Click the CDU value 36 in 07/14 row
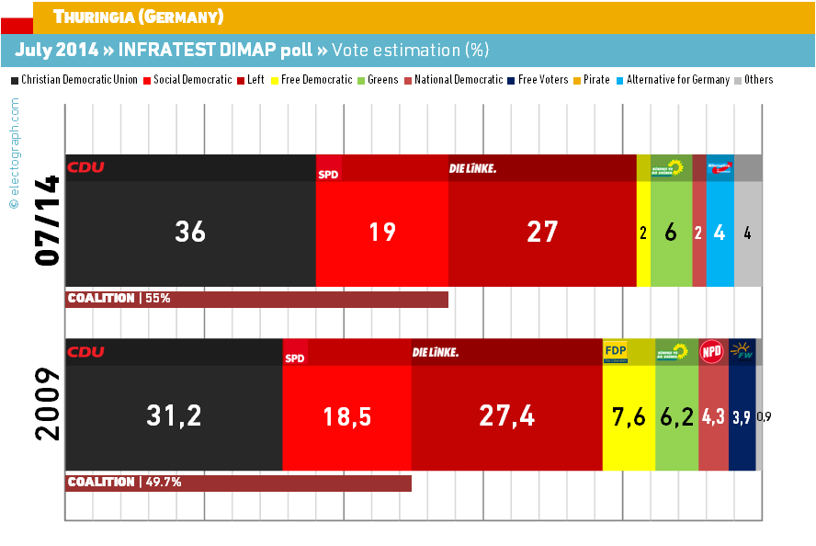(x=190, y=233)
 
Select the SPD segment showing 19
(x=381, y=233)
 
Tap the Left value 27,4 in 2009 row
(x=507, y=416)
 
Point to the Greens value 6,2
(x=676, y=416)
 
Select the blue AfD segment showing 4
(x=720, y=233)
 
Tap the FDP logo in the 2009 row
(x=615, y=351)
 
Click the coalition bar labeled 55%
(x=257, y=299)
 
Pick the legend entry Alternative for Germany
(x=684, y=80)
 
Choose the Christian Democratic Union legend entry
(x=79, y=80)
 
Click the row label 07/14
(x=46, y=221)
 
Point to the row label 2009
(x=46, y=404)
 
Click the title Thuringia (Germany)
(x=138, y=17)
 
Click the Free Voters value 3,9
(x=741, y=416)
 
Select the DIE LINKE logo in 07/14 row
(x=472, y=167)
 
